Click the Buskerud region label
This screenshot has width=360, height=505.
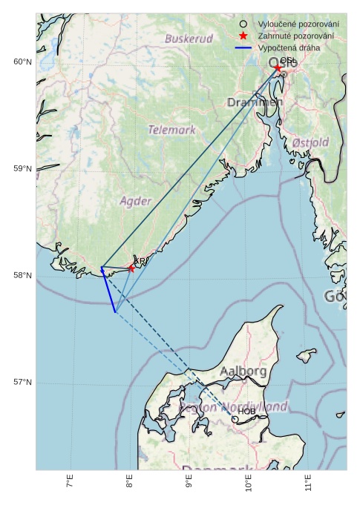189,38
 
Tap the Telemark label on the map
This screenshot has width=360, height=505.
171,130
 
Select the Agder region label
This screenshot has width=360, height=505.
135,201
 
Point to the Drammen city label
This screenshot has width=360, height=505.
255,102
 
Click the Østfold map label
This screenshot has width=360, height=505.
310,142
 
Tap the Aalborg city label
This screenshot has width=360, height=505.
243,371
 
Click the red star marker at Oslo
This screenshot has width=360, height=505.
278,68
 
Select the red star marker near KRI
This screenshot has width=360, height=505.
131,268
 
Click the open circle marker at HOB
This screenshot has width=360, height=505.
235,419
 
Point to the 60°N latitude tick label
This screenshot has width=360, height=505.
22,62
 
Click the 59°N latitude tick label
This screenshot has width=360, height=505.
22,169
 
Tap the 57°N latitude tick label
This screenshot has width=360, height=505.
22,383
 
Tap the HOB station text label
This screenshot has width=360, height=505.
246,411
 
